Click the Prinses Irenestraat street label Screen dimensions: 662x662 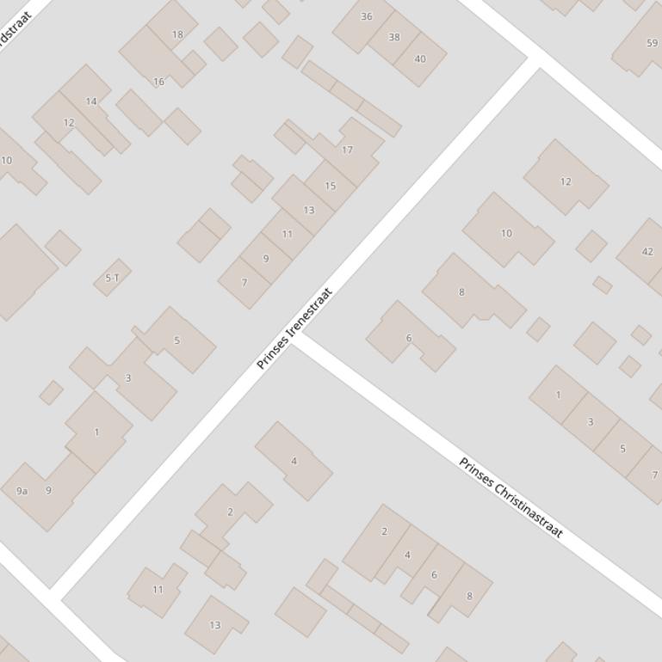pyautogui.click(x=294, y=328)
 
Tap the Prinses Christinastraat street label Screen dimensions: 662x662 pyautogui.click(x=510, y=498)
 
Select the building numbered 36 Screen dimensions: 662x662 pyautogui.click(x=365, y=19)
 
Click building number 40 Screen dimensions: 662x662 pyautogui.click(x=420, y=58)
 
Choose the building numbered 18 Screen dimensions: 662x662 pyautogui.click(x=176, y=34)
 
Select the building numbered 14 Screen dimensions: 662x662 pyautogui.click(x=90, y=101)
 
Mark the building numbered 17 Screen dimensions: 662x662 pyautogui.click(x=348, y=150)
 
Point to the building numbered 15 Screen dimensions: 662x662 pyautogui.click(x=330, y=187)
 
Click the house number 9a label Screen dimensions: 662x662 pyautogui.click(x=22, y=491)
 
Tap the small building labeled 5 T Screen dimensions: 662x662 pyautogui.click(x=112, y=278)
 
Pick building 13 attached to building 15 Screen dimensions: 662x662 pyautogui.click(x=307, y=210)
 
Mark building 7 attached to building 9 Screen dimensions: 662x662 pyautogui.click(x=244, y=282)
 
